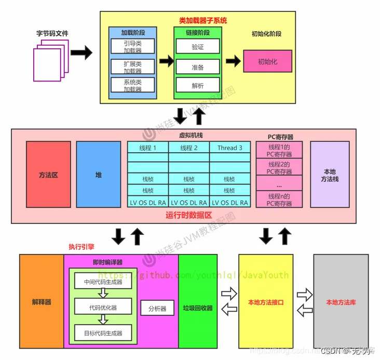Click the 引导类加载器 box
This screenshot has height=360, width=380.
(x=132, y=46)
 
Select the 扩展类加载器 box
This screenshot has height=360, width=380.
(x=132, y=66)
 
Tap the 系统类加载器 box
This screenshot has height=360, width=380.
(x=132, y=86)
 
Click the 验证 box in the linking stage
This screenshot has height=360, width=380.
(x=197, y=47)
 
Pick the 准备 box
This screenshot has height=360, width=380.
(x=197, y=67)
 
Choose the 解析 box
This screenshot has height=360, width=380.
(x=197, y=86)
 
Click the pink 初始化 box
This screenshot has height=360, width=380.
(x=267, y=61)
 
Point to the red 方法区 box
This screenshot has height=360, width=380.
(x=48, y=175)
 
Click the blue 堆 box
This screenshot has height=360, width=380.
(x=98, y=175)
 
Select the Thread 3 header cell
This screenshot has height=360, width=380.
(x=229, y=148)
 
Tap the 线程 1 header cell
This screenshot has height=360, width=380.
(x=147, y=148)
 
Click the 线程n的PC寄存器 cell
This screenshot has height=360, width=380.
(x=280, y=199)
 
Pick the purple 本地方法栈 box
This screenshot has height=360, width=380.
(x=330, y=175)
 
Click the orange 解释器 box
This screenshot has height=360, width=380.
(x=41, y=302)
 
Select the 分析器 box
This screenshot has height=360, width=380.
(x=157, y=308)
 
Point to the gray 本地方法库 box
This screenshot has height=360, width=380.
(x=341, y=302)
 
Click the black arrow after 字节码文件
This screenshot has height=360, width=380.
(x=81, y=53)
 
